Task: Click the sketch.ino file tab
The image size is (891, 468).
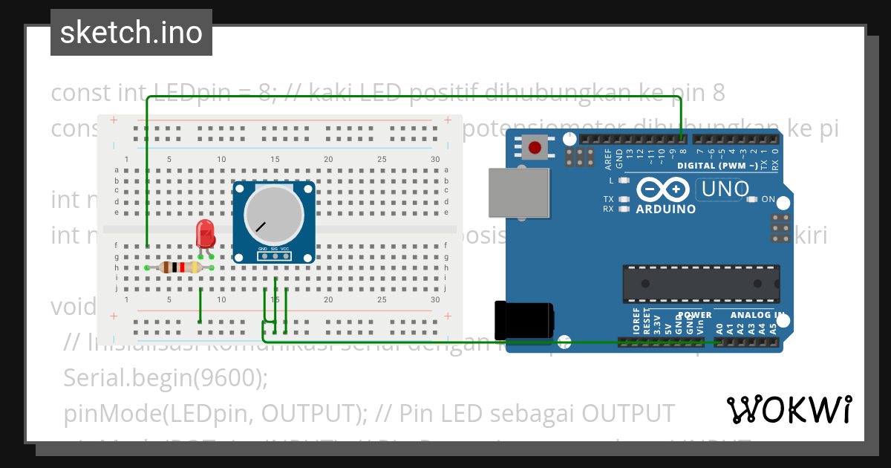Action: [131, 33]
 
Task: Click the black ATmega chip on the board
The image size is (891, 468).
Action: [701, 283]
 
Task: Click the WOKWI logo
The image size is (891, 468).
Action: [789, 409]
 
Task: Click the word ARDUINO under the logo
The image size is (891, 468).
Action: [666, 209]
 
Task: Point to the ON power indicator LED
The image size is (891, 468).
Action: [751, 199]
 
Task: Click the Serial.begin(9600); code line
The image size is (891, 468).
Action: [166, 377]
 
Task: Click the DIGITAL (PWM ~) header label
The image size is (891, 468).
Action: [717, 166]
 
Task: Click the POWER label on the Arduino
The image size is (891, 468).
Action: [694, 315]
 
